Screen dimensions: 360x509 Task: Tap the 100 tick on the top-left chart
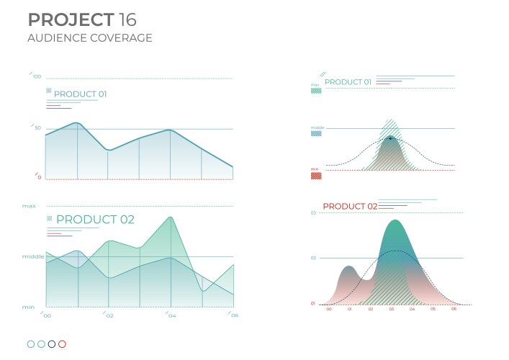(37, 76)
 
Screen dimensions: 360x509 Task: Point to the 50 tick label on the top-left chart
(37, 127)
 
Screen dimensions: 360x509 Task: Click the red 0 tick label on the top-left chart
(39, 177)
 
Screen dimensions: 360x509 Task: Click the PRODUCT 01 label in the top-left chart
(81, 94)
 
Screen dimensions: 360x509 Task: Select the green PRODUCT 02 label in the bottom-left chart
(95, 220)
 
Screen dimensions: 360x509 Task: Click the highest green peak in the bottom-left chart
(170, 217)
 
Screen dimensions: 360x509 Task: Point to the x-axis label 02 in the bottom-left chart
(109, 315)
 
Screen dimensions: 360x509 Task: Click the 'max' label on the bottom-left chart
(29, 206)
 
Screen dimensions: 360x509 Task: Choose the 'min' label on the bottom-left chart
(28, 307)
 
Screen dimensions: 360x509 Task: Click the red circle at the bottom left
(62, 344)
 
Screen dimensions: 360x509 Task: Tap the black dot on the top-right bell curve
(390, 138)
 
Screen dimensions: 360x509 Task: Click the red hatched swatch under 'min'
(316, 175)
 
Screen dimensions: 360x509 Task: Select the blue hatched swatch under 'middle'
(316, 133)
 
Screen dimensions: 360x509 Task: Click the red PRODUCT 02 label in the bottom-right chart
(350, 207)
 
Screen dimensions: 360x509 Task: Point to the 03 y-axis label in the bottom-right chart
(313, 213)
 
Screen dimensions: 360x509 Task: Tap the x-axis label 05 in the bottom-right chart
(433, 308)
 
